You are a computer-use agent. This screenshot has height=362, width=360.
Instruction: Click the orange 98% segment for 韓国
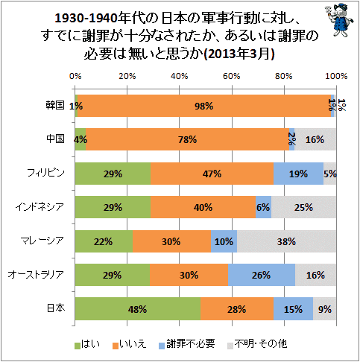[x=204, y=106]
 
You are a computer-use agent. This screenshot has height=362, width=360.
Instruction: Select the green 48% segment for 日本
[x=138, y=308]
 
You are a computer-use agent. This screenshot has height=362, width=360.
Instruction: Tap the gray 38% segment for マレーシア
[x=286, y=241]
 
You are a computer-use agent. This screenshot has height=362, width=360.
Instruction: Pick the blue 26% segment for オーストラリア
[x=262, y=275]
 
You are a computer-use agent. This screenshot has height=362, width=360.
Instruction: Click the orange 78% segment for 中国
[x=187, y=139]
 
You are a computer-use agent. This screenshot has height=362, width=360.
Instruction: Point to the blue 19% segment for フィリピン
[x=298, y=174]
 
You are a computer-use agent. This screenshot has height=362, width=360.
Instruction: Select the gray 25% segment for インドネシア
[x=304, y=207]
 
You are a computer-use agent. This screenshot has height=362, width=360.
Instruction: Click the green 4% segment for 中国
[x=80, y=139]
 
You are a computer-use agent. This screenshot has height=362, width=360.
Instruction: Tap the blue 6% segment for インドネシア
[x=263, y=207]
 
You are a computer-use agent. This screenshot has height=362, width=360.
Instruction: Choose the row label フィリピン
[x=45, y=173]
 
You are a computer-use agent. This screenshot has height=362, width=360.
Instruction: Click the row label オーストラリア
[x=36, y=275]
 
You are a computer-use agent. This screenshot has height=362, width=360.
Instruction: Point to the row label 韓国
[x=55, y=106]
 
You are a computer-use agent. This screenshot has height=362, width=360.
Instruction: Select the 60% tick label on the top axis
[x=232, y=76]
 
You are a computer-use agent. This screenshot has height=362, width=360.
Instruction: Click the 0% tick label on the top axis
[x=75, y=76]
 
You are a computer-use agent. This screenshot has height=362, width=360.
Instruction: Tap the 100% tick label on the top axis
[x=336, y=76]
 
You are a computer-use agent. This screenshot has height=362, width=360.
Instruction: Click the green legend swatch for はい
[x=78, y=346]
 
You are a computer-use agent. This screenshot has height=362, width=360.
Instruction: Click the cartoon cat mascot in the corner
[x=339, y=21]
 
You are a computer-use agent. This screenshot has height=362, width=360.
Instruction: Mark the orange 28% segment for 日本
[x=237, y=308]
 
